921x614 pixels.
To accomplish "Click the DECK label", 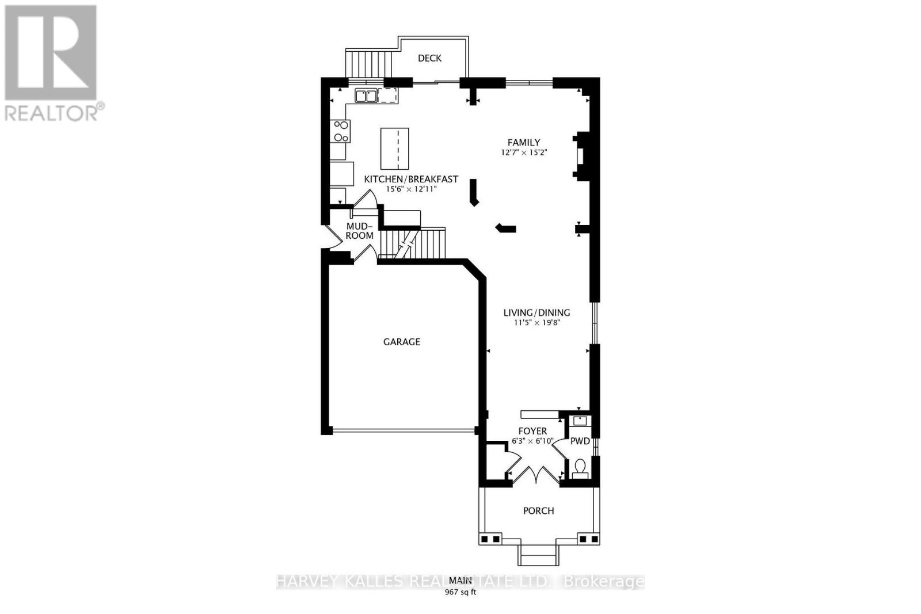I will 429,58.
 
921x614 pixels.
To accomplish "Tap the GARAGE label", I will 402,342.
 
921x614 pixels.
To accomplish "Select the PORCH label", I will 538,510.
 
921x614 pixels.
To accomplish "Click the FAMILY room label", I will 523,142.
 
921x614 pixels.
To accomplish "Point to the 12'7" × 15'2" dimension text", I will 523,152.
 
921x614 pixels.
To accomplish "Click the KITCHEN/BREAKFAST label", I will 411,179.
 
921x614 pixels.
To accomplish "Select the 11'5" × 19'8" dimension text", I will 536,323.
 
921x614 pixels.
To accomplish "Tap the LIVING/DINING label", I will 536,312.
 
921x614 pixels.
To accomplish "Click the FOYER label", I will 532,431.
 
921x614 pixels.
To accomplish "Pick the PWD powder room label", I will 580,441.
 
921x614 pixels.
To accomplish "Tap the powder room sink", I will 579,421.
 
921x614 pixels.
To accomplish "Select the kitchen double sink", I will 366,96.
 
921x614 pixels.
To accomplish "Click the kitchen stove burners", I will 340,131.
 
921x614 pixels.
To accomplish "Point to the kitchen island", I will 395,148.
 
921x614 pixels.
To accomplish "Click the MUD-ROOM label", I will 360,231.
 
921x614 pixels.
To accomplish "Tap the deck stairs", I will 368,63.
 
